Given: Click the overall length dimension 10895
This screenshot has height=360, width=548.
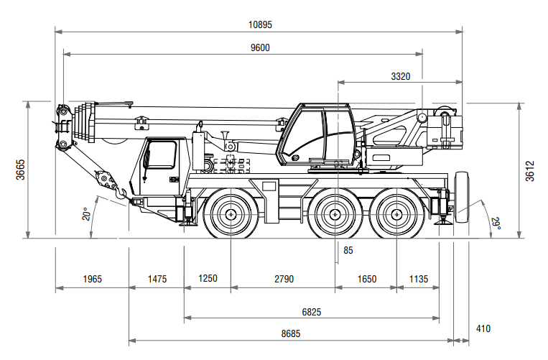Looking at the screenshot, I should (x=260, y=24).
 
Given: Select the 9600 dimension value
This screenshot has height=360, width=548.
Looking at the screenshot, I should (x=260, y=47).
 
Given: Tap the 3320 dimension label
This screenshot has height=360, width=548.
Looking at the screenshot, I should (x=401, y=76).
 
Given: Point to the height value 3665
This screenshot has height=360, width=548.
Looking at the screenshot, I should (x=21, y=170).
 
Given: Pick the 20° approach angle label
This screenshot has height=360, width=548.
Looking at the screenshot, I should (x=85, y=214).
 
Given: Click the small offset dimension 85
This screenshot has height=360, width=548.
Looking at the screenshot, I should (x=348, y=251).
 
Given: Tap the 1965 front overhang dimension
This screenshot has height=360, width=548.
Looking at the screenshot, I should (x=93, y=279).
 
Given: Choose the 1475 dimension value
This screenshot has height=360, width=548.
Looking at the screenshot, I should (x=157, y=279).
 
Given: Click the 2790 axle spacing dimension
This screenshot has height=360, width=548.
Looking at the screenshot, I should (x=284, y=279).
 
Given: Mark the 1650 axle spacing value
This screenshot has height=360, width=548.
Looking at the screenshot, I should (x=366, y=279).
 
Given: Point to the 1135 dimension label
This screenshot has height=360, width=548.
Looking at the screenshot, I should (x=418, y=279).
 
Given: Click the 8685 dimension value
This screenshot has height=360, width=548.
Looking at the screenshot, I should (x=291, y=334).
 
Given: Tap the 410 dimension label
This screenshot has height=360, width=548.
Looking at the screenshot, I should (x=483, y=329).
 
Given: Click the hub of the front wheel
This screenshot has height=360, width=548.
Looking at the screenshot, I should (x=231, y=214).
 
